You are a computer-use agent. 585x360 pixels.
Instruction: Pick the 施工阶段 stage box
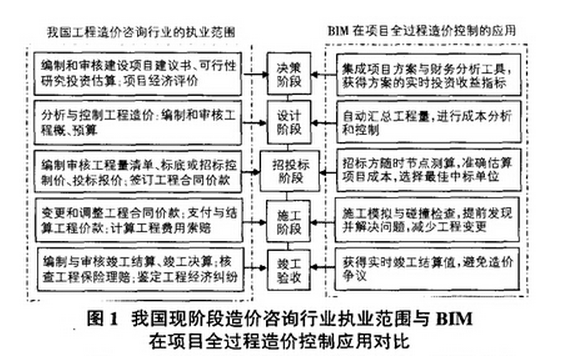point(288,220)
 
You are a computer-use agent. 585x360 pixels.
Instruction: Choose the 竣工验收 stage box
point(288,268)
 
